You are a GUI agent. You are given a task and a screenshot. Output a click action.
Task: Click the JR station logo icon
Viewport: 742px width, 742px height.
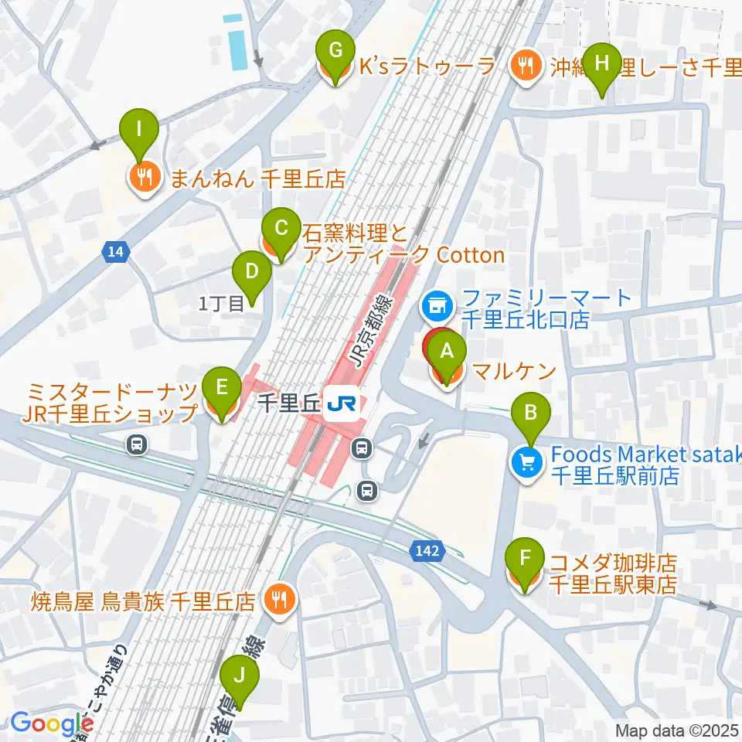pyautogui.click(x=340, y=403)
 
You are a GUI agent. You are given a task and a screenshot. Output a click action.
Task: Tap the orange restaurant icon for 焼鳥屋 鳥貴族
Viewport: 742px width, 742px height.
pyautogui.click(x=277, y=598)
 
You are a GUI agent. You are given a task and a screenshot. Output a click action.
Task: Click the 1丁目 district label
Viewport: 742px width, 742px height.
pyautogui.click(x=221, y=305)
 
